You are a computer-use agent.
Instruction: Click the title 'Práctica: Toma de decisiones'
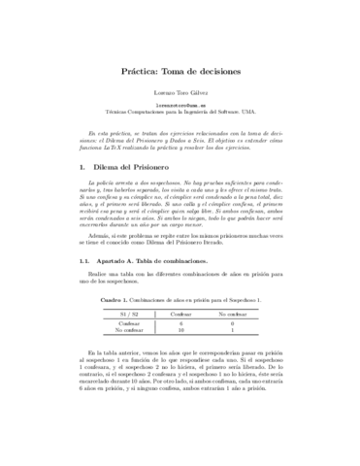point(180,72)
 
